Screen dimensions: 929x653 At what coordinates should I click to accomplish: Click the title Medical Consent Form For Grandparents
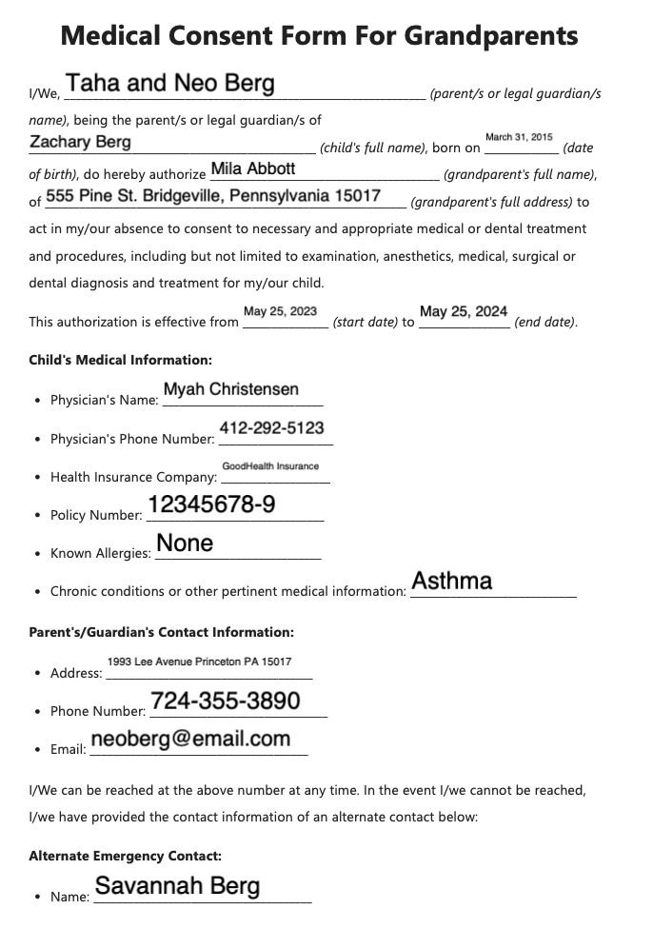tap(319, 36)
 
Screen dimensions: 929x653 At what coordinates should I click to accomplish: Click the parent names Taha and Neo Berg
tap(170, 84)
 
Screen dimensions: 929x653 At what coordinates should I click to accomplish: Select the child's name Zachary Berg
tap(81, 142)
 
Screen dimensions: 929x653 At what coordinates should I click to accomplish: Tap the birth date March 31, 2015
tap(519, 138)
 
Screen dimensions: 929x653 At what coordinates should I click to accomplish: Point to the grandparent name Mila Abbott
tap(252, 169)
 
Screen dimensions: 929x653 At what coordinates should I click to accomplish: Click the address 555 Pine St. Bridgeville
tap(213, 196)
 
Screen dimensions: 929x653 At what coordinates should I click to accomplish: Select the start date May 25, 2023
tap(280, 311)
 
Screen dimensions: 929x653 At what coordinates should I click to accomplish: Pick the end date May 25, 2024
tap(464, 311)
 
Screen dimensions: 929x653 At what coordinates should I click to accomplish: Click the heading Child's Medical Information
tap(121, 360)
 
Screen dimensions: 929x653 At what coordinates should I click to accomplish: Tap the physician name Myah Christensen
tap(231, 389)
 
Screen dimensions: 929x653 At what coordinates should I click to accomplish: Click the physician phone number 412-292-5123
tap(271, 428)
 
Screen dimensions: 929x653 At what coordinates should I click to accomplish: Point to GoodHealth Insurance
tap(270, 466)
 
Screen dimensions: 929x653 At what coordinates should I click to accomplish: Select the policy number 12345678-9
tap(211, 504)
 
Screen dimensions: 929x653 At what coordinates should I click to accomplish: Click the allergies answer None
tap(185, 544)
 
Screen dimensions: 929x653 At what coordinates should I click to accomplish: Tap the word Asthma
tap(451, 581)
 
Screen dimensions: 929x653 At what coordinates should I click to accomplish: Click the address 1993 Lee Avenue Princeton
tap(200, 662)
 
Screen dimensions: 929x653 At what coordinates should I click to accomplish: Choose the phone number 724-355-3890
tap(226, 702)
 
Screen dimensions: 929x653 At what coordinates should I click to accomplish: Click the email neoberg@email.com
tap(190, 739)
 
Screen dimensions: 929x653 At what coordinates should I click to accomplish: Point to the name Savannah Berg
tap(177, 886)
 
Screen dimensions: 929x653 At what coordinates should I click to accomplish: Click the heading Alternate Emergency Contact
tap(126, 857)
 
